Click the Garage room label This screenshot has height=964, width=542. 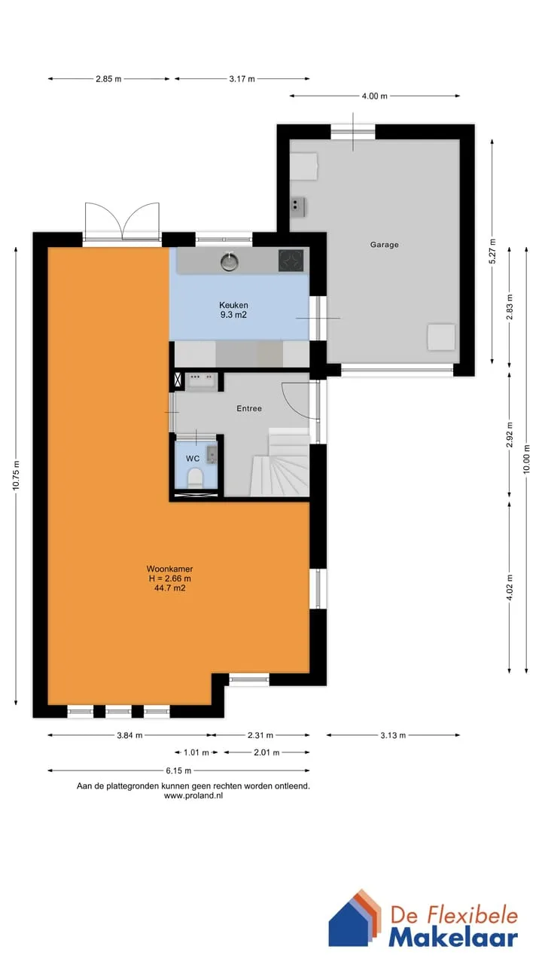coord(384,245)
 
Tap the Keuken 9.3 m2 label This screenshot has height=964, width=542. coord(233,310)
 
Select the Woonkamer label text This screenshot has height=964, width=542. coord(169,569)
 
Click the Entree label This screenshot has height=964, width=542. coord(249,408)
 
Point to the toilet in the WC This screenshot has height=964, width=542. coord(195,477)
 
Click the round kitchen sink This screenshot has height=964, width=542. coord(230,261)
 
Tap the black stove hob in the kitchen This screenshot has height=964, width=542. coord(291,261)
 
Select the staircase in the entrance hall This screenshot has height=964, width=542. coord(281,462)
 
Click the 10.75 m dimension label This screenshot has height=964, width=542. coord(17,475)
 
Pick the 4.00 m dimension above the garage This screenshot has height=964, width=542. coord(374,96)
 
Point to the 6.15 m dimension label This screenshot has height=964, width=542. coord(178,770)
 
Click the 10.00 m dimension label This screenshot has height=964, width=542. coord(526,459)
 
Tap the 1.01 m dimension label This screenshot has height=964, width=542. coord(196,752)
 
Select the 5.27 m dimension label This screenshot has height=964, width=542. coord(492,252)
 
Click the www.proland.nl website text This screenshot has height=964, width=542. coord(193,796)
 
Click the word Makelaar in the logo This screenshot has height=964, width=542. coord(453,938)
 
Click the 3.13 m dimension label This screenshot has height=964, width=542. coord(393,735)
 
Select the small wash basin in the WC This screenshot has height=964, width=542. coord(212,454)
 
